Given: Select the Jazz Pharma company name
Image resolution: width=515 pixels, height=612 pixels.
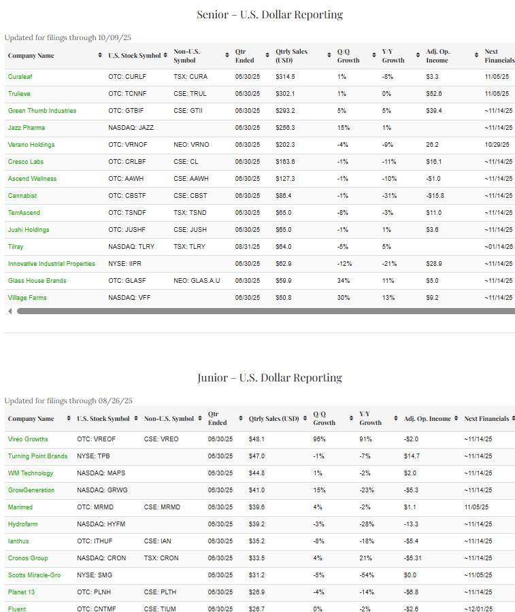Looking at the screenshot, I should [27, 128].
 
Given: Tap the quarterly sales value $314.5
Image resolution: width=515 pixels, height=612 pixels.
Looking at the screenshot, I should [286, 77].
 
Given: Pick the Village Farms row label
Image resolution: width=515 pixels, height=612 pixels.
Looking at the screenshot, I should [27, 298].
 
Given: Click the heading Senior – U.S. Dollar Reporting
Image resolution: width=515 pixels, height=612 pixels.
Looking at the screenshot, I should [270, 14].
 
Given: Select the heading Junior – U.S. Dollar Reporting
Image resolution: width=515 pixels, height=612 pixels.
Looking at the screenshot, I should [270, 378].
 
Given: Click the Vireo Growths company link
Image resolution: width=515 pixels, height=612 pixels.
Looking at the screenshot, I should [28, 439].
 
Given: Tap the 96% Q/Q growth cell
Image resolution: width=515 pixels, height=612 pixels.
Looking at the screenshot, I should [320, 439].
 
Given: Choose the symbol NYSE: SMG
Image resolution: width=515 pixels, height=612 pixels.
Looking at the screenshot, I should [95, 575].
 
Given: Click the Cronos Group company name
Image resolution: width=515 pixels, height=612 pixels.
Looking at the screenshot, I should [28, 558].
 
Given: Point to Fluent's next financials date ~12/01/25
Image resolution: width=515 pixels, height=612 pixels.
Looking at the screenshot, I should [479, 609].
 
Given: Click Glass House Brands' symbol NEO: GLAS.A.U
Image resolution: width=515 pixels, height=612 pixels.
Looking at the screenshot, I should [197, 281].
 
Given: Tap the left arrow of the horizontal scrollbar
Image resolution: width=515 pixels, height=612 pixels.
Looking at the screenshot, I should [10, 311].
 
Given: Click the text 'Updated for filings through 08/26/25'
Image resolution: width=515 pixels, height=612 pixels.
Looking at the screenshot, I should [69, 401].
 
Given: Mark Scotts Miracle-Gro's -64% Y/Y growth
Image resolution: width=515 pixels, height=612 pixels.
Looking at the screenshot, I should [367, 575].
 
